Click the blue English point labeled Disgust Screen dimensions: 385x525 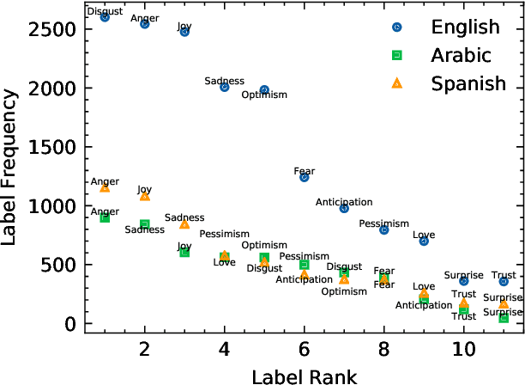[x=105, y=17]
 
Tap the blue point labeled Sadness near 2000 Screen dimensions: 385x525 [x=225, y=87]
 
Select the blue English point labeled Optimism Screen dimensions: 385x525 [x=264, y=89]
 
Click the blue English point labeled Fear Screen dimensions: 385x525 [x=305, y=177]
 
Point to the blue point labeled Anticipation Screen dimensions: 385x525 [x=344, y=208]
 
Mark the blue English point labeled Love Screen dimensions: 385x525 [x=424, y=241]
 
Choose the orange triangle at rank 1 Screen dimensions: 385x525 [x=105, y=187]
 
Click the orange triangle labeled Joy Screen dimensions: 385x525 [x=145, y=196]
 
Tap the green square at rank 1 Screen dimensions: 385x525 [x=105, y=218]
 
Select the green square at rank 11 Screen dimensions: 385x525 [x=504, y=318]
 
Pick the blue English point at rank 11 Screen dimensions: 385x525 [x=504, y=281]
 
